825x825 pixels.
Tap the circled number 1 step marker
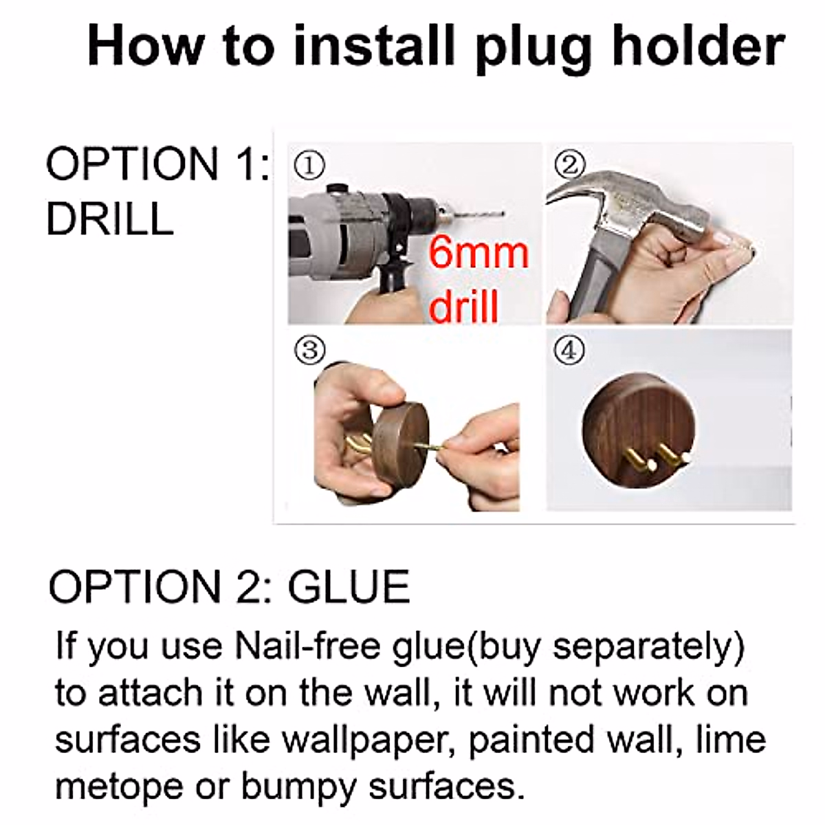[308, 165]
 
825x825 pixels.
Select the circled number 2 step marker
[571, 164]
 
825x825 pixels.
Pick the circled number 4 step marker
[571, 351]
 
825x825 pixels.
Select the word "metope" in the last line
[118, 786]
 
